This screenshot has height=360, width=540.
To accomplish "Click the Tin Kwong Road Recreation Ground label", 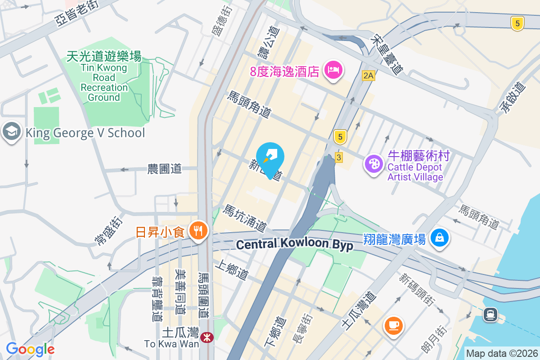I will [104, 76].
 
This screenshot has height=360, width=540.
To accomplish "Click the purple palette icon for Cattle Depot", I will [373, 164].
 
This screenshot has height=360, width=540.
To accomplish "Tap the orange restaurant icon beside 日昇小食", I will [197, 231].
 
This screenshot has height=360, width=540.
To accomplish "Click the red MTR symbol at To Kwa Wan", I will [207, 337].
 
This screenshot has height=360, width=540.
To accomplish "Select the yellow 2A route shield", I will [368, 76].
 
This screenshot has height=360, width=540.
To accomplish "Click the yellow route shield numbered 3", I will [339, 157].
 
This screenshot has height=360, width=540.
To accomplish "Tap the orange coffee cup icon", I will [393, 325].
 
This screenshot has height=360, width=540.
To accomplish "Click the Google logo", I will [30, 349].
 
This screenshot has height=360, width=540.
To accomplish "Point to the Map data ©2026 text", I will [502, 353].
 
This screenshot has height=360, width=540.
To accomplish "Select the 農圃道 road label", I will [165, 169].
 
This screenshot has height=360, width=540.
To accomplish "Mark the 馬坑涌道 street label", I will [245, 217].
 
